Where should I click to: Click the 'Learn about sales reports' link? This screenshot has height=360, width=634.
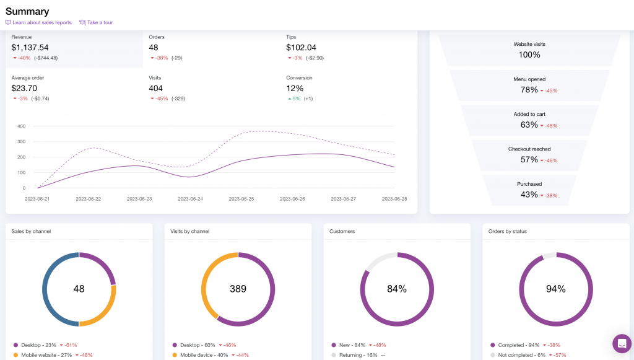(x=41, y=22)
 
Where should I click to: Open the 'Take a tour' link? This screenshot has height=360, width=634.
(x=100, y=22)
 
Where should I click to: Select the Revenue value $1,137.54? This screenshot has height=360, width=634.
(x=30, y=48)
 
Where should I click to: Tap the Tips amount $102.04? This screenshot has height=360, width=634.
(x=301, y=48)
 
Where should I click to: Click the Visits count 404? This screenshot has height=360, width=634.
(x=156, y=88)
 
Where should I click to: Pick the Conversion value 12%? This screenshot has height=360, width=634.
(x=294, y=88)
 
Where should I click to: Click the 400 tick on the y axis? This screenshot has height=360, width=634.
(x=21, y=126)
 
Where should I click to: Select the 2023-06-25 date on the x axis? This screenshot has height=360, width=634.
(x=241, y=199)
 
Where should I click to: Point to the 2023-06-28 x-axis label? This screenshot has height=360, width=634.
(x=394, y=199)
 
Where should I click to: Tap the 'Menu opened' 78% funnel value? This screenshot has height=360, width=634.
(x=529, y=90)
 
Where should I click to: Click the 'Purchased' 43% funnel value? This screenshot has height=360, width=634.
(x=529, y=195)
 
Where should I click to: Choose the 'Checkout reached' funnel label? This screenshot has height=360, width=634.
(x=529, y=149)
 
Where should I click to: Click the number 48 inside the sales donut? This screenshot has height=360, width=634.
(x=79, y=289)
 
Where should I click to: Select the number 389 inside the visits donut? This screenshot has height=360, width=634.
(x=238, y=289)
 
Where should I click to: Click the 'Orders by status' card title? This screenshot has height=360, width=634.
(x=507, y=232)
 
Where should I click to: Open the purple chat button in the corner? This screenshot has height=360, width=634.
(x=622, y=343)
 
